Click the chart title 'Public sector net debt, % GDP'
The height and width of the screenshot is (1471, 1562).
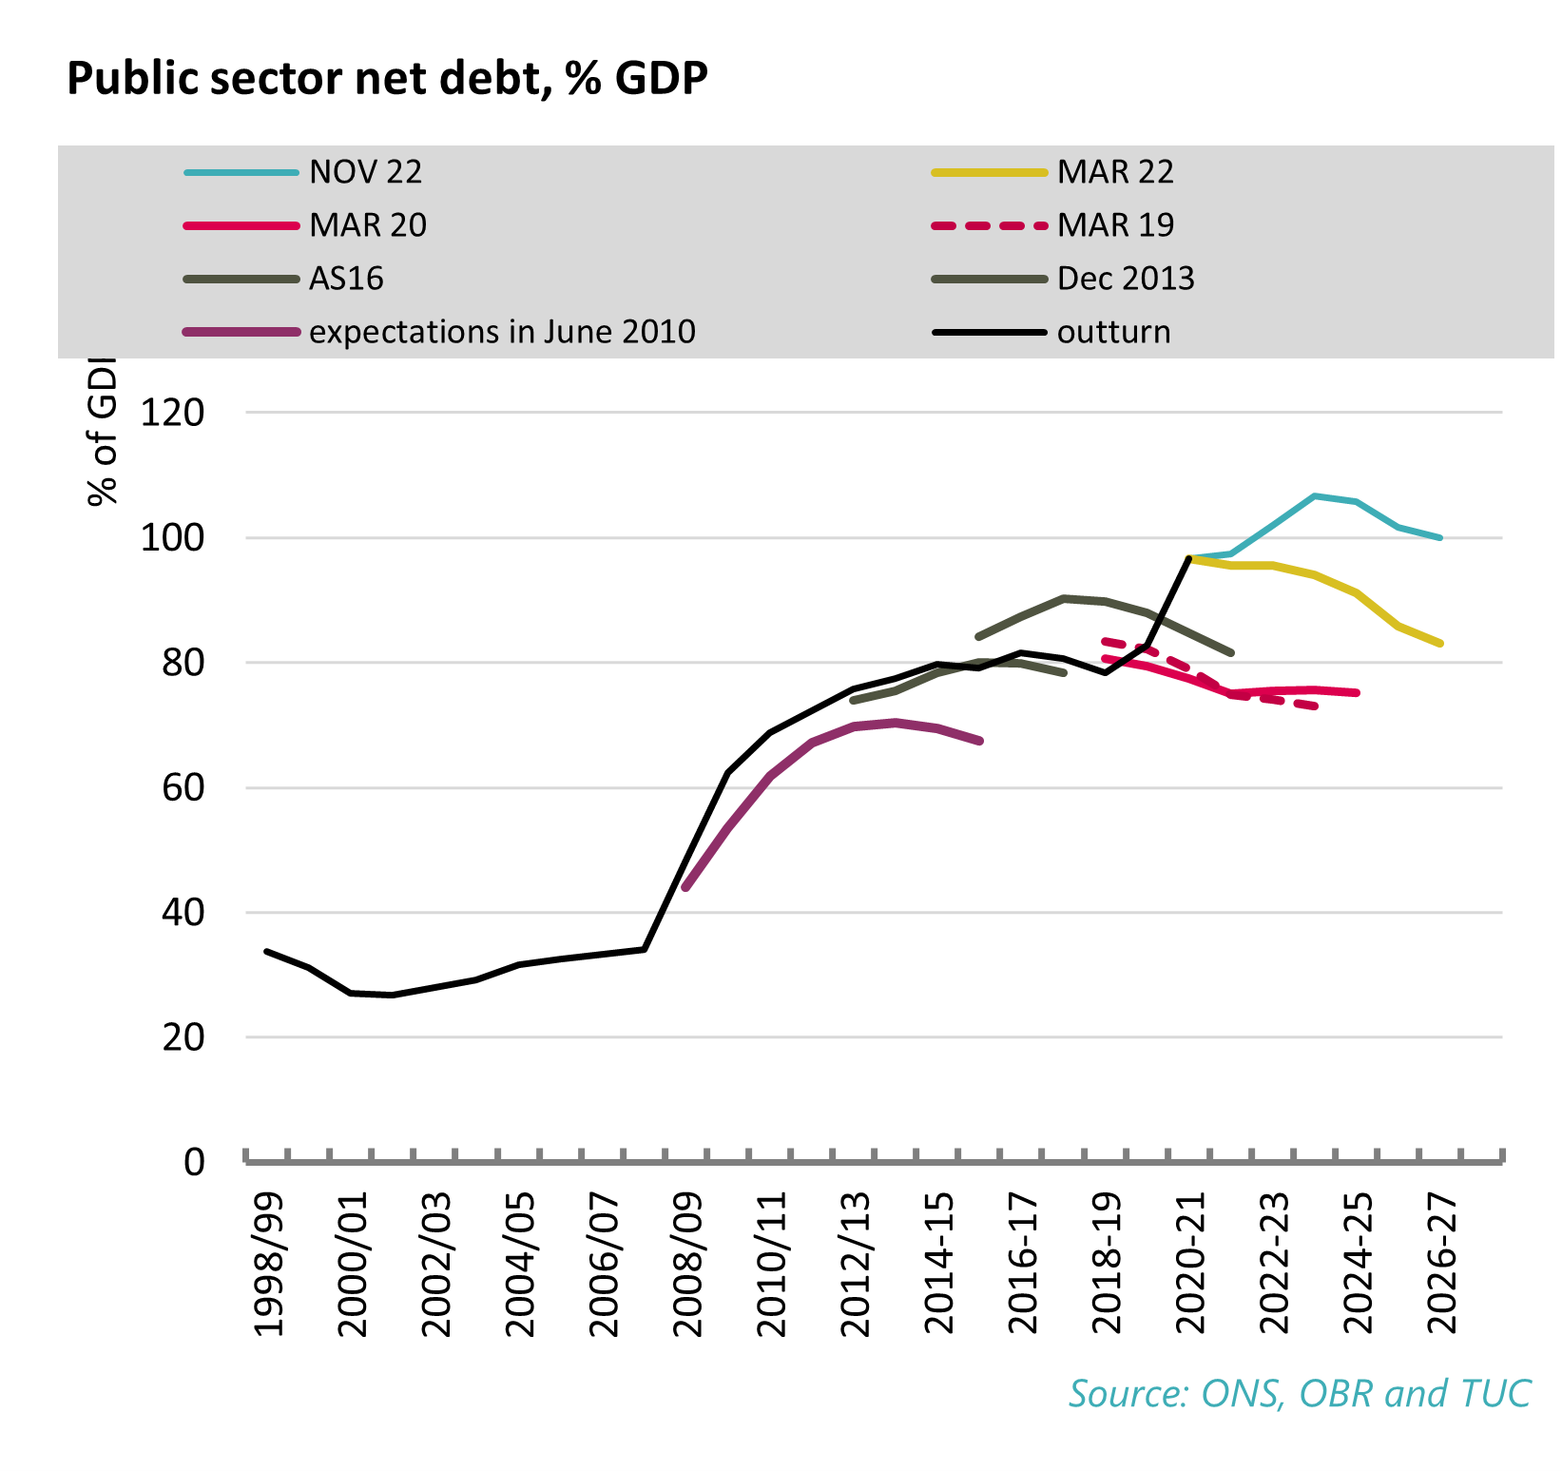click(x=387, y=78)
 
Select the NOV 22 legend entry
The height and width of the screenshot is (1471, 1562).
click(x=365, y=172)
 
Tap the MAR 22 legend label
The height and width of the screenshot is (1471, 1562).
click(x=1114, y=172)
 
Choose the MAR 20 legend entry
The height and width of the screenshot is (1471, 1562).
click(x=367, y=225)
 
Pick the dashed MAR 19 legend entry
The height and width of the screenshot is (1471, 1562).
click(x=1114, y=225)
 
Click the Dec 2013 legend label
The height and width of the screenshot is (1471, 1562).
click(x=1125, y=279)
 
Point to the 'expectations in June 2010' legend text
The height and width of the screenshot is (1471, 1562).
click(x=502, y=332)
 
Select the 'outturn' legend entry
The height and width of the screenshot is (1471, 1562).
click(x=1113, y=332)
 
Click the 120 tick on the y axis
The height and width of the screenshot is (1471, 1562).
click(x=172, y=413)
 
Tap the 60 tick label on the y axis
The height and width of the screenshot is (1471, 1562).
click(x=183, y=787)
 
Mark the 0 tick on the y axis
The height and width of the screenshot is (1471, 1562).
click(x=194, y=1162)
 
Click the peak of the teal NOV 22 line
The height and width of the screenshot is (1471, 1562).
click(x=1314, y=495)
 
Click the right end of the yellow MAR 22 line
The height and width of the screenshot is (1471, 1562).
click(x=1441, y=644)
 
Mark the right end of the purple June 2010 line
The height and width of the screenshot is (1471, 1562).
click(x=980, y=741)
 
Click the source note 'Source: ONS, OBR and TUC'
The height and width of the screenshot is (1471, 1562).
click(x=1299, y=1393)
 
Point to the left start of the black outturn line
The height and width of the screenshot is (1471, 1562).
click(x=267, y=951)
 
